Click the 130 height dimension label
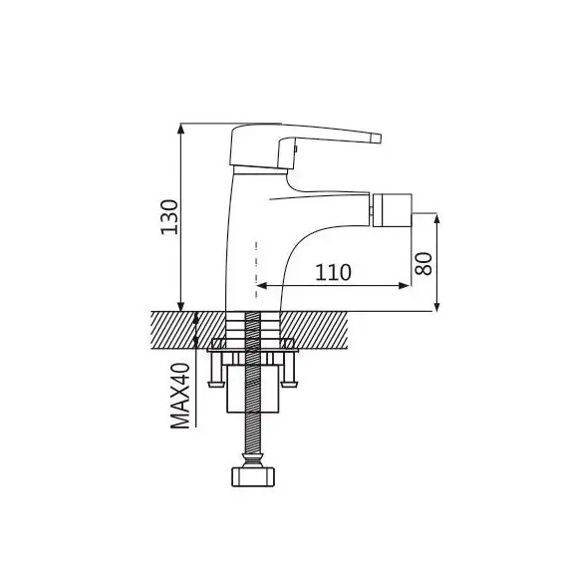169,217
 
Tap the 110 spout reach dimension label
333,272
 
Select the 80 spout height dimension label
424,264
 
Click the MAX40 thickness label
180,396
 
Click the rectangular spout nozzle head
393,210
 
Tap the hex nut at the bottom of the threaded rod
253,476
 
